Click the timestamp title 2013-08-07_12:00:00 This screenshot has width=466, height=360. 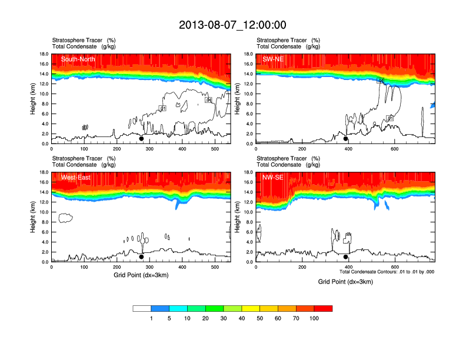pyautogui.click(x=232, y=25)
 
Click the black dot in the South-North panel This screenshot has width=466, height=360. pyautogui.click(x=141, y=139)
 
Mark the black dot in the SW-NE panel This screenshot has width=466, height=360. pyautogui.click(x=346, y=139)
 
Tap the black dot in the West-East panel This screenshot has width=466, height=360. pyautogui.click(x=141, y=257)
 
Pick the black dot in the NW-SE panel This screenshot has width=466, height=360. pyautogui.click(x=346, y=257)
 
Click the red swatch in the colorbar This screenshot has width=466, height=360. pyautogui.click(x=323, y=308)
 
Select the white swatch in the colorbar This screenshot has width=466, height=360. pyautogui.click(x=142, y=308)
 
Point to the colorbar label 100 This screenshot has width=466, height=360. pyautogui.click(x=314, y=318)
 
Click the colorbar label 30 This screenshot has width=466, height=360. pyautogui.click(x=224, y=318)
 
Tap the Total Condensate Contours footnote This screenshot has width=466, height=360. pyautogui.click(x=387, y=272)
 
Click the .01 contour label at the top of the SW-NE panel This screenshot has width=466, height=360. pyautogui.click(x=381, y=80)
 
